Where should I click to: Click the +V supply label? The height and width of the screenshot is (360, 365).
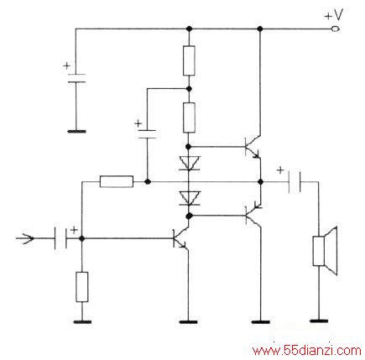coord(333,15)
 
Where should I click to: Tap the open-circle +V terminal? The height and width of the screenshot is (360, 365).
coord(335,29)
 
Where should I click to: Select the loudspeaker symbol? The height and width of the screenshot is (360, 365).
coord(325,251)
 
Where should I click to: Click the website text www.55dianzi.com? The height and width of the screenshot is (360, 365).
coord(306,351)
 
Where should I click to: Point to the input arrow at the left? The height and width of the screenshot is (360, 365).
coord(25,238)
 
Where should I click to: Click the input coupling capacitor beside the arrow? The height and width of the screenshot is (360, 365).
coord(60,238)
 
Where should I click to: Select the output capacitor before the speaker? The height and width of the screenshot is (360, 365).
coord(295,182)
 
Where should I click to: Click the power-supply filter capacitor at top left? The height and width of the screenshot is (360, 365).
coord(76,78)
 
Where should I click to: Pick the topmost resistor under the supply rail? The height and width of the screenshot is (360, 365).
coord(189,60)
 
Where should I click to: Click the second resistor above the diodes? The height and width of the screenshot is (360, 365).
coord(189,117)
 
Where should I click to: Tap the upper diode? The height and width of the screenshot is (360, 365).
coord(189,164)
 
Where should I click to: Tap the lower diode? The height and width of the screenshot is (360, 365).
coord(189,198)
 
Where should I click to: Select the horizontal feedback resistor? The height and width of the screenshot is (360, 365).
coord(117,182)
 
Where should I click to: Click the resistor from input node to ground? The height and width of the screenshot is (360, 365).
coord(82,287)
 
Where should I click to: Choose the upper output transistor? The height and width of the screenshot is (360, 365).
coord(253,147)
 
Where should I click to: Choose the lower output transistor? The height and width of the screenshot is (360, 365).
coord(253,216)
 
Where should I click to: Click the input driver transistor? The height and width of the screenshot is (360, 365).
coord(180,238)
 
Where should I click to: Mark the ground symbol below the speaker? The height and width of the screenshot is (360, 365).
coord(319,321)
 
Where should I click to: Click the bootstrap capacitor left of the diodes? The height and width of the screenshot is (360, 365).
coord(147,134)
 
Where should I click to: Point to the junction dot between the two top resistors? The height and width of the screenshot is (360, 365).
coord(189,89)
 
